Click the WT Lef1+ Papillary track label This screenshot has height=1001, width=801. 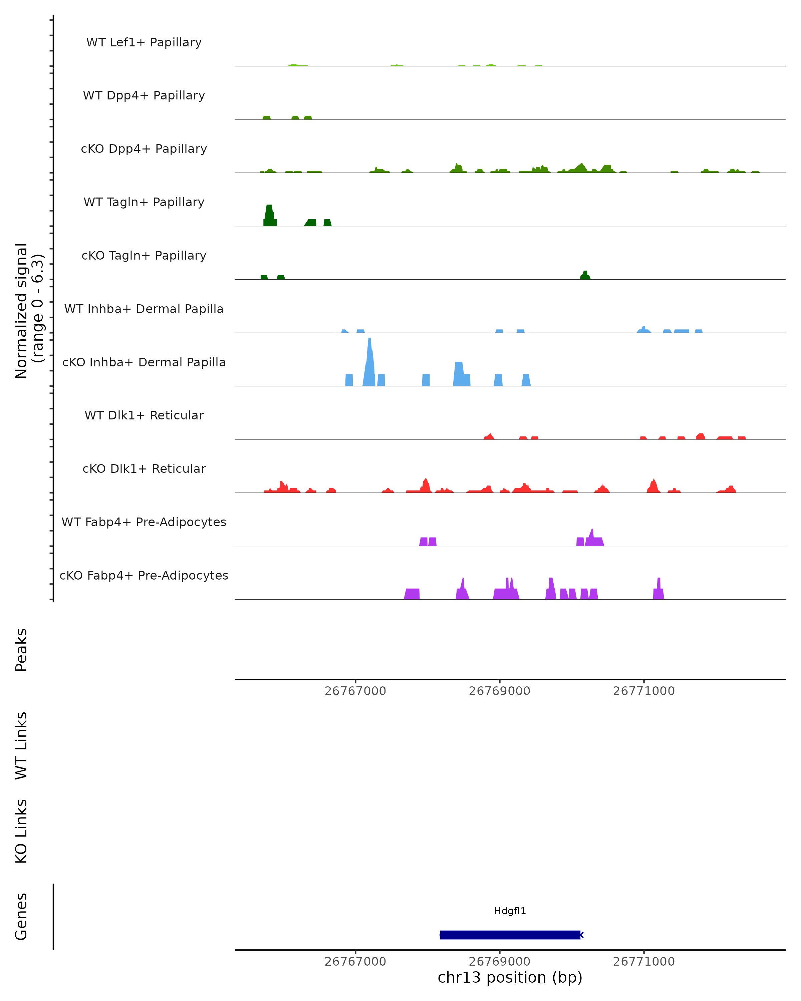pyautogui.click(x=144, y=42)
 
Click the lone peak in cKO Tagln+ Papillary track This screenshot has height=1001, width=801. pyautogui.click(x=585, y=275)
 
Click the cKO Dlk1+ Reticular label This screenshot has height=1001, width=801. pyautogui.click(x=144, y=468)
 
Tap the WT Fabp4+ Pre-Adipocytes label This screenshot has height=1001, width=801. pyautogui.click(x=144, y=522)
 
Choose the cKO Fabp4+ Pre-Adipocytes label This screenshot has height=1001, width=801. pyautogui.click(x=144, y=575)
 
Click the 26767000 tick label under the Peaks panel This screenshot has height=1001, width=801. pyautogui.click(x=355, y=691)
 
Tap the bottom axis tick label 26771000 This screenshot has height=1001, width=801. pyautogui.click(x=643, y=962)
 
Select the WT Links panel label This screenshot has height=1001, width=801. pyautogui.click(x=21, y=745)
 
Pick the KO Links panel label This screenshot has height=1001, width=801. pyautogui.click(x=21, y=831)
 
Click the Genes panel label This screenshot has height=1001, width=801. pyautogui.click(x=21, y=917)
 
